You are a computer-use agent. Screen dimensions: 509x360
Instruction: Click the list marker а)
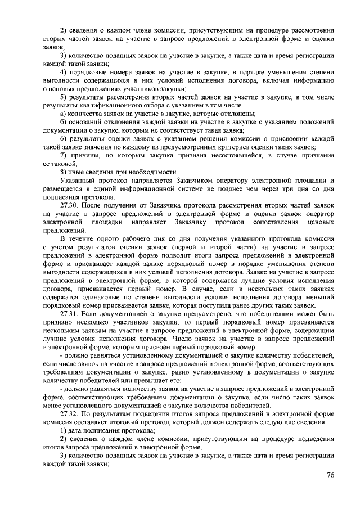click(64, 113)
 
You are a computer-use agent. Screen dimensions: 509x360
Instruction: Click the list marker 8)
click(64, 172)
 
